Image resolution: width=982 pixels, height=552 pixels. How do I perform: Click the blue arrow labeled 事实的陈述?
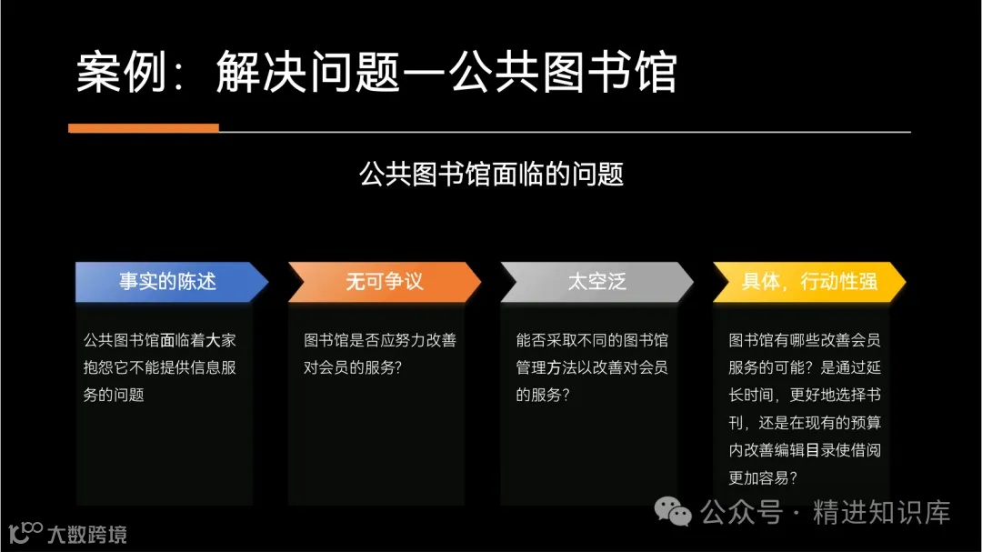click(x=168, y=282)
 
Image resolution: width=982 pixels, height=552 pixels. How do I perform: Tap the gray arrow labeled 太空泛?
click(x=596, y=282)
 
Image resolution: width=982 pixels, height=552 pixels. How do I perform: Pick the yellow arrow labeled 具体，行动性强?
click(x=809, y=282)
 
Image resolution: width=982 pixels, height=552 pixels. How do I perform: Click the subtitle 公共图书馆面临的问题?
click(x=491, y=174)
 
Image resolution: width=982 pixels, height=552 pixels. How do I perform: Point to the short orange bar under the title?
click(x=144, y=128)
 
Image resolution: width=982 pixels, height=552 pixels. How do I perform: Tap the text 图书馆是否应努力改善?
click(x=380, y=341)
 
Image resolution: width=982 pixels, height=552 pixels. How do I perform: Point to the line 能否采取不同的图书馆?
click(x=592, y=341)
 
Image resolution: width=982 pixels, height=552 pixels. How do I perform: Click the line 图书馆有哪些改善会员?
click(x=805, y=341)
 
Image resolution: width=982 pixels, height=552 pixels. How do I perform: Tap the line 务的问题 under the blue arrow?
click(x=114, y=396)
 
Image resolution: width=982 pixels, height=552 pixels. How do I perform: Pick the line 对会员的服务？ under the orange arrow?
click(x=353, y=368)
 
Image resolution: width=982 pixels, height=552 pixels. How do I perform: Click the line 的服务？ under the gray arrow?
click(x=543, y=396)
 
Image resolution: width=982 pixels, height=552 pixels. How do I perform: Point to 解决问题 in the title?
click(x=308, y=73)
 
